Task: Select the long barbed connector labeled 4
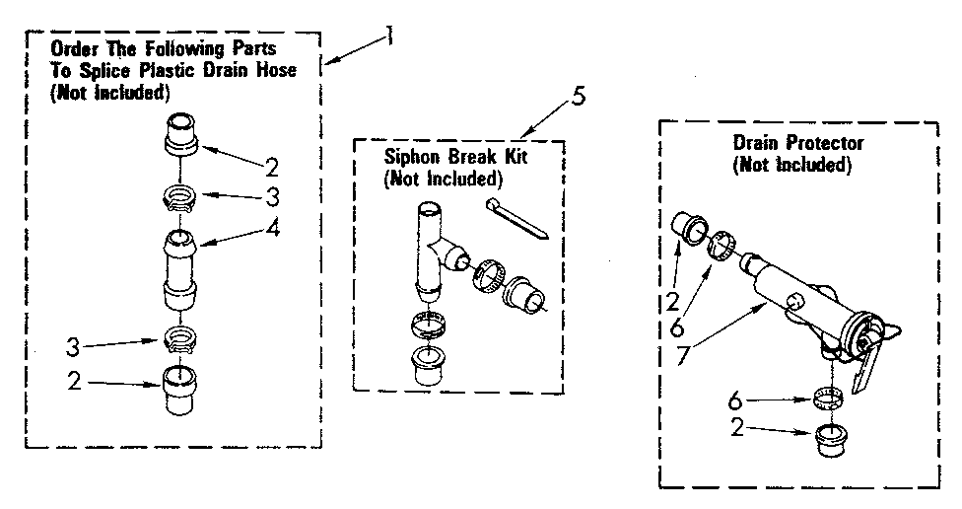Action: coord(179,266)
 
